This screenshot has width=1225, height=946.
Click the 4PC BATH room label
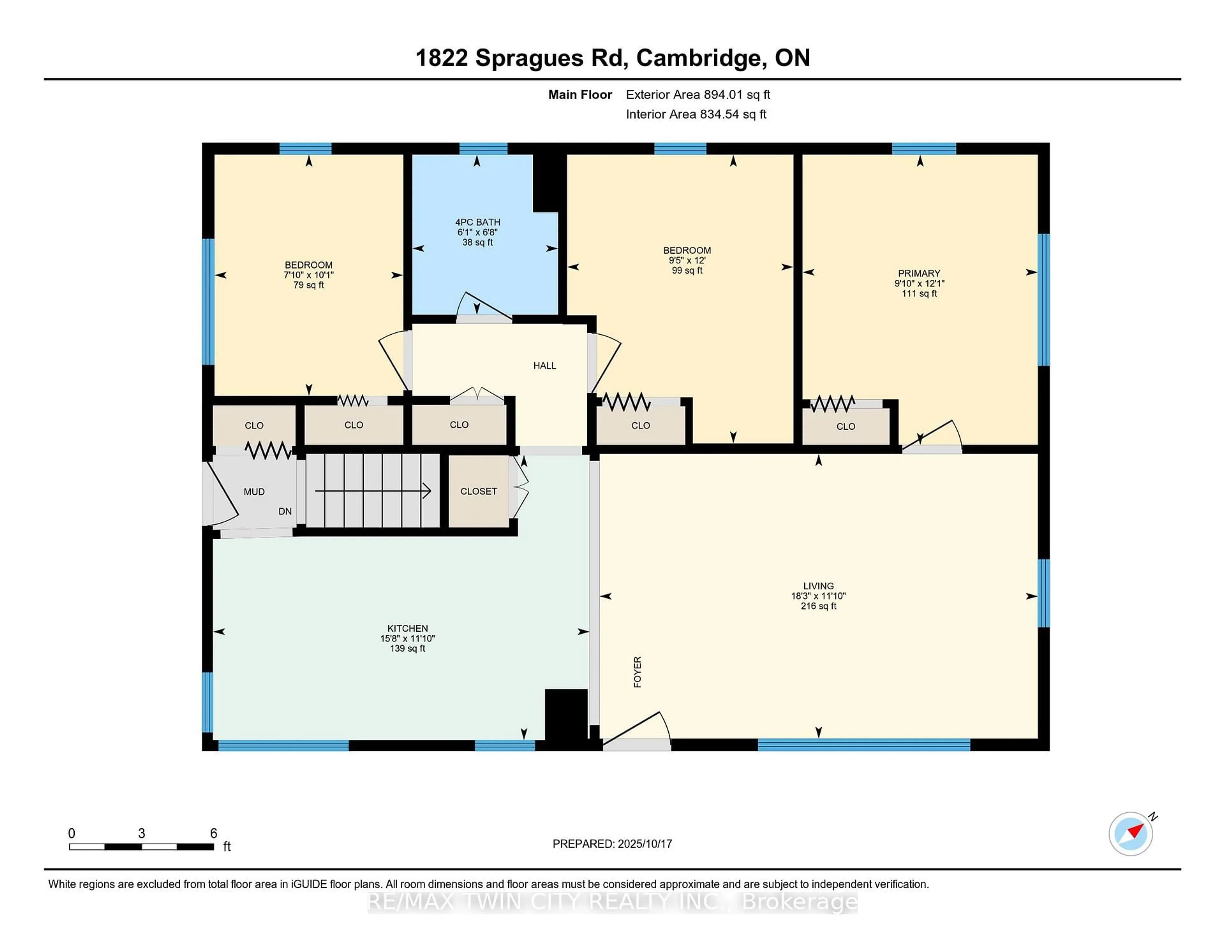pyautogui.click(x=477, y=222)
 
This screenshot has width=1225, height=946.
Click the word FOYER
pyautogui.click(x=637, y=672)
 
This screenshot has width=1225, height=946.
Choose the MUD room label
pyautogui.click(x=254, y=491)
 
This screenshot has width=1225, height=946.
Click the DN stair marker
pyautogui.click(x=285, y=511)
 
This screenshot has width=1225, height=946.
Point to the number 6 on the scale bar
pyautogui.click(x=213, y=833)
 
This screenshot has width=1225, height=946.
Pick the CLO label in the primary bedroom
pyautogui.click(x=845, y=426)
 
